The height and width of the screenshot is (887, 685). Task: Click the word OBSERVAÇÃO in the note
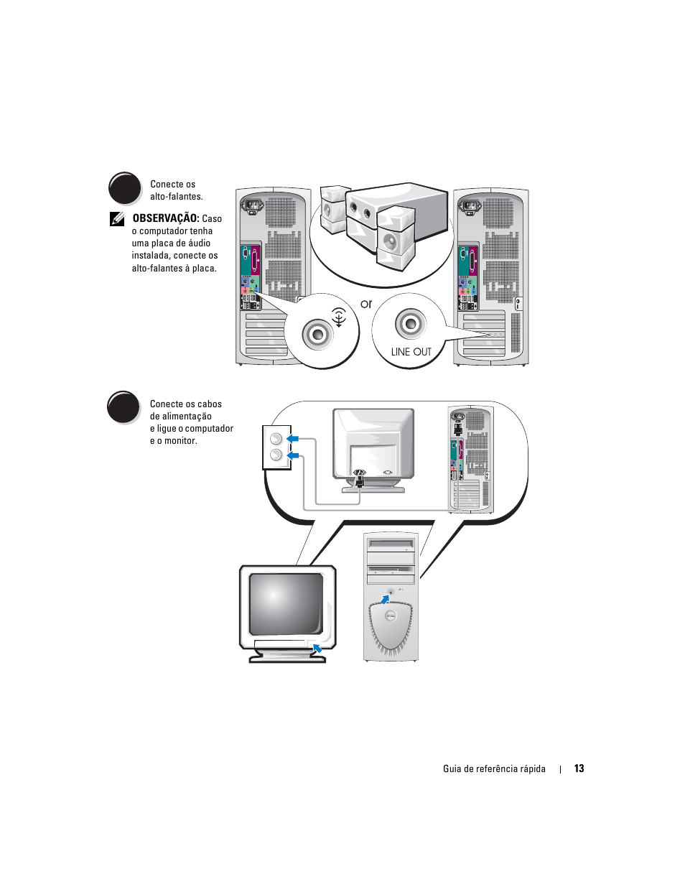point(166,218)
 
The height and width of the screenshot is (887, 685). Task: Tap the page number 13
point(579,768)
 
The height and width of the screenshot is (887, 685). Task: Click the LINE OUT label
point(411,351)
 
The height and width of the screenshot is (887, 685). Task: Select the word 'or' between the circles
point(366,304)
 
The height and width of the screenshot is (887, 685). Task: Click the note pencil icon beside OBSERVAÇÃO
point(117,219)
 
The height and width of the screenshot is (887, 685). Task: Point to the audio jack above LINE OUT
point(411,324)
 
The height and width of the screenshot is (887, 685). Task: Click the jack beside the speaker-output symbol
point(317,334)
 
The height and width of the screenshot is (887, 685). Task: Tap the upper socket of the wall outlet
point(276,439)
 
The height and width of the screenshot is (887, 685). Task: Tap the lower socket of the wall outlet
point(276,455)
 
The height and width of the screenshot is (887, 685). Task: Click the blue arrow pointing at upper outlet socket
point(292,439)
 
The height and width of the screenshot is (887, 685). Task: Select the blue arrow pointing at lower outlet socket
point(292,455)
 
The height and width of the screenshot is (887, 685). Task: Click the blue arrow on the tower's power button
point(385,599)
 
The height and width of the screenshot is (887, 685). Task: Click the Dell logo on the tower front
point(391,616)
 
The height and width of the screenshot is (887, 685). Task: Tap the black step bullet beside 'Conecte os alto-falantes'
point(125,188)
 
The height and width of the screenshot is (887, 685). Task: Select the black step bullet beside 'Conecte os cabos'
point(124,407)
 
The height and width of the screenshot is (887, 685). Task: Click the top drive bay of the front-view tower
point(391,544)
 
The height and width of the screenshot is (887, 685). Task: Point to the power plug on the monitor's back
point(360,478)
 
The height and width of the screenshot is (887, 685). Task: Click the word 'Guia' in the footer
point(452,768)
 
